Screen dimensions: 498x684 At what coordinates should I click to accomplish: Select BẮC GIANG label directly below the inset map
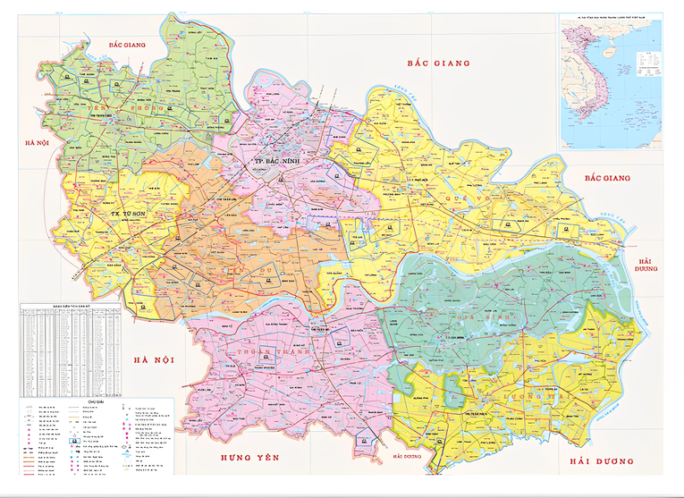point(608,178)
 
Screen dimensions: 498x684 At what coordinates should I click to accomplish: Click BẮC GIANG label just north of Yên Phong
point(127,44)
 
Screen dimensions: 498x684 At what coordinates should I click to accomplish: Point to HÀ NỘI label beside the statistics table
point(152,359)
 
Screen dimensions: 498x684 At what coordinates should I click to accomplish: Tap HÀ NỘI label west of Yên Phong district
point(37,143)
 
